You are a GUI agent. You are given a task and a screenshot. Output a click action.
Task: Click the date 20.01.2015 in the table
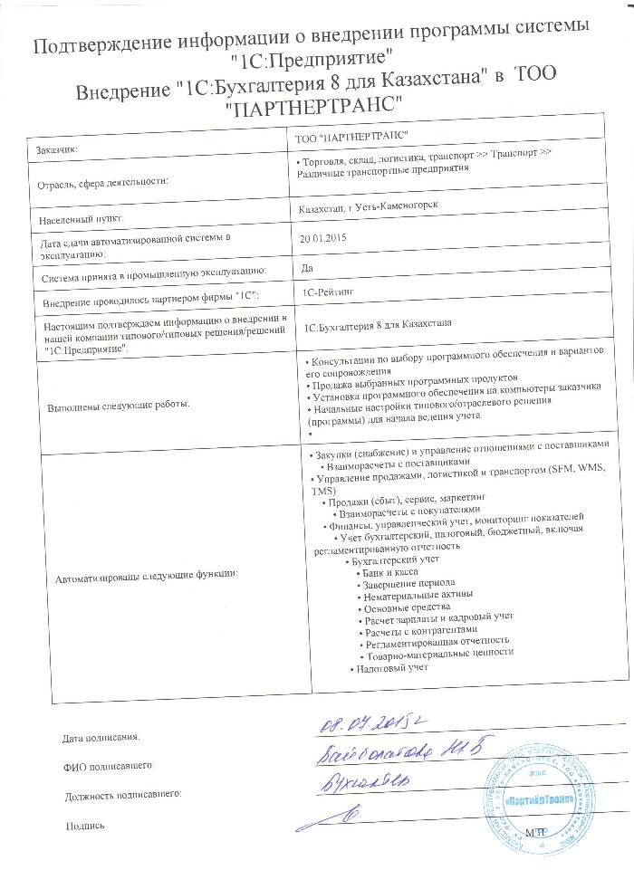[x=323, y=240]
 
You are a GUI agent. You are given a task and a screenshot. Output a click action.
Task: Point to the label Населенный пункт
[x=80, y=219]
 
